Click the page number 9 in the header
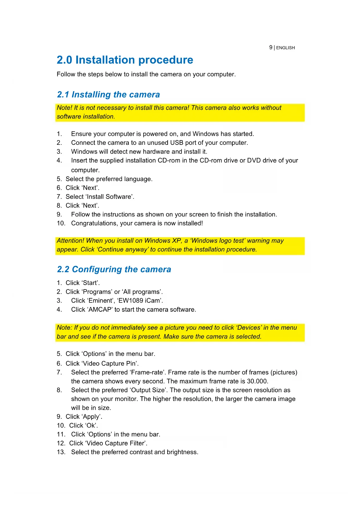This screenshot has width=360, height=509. pyautogui.click(x=271, y=47)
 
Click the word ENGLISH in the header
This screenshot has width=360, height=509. pyautogui.click(x=285, y=48)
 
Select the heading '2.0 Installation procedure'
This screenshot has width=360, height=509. pyautogui.click(x=125, y=60)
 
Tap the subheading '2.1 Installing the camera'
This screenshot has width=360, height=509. pyautogui.click(x=108, y=95)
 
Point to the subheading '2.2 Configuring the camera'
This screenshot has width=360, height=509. pyautogui.click(x=114, y=269)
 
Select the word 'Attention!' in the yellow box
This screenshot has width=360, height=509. pyautogui.click(x=70, y=241)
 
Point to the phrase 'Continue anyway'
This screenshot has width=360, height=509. pyautogui.click(x=122, y=250)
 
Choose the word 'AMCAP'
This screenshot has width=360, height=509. pyautogui.click(x=100, y=310)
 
